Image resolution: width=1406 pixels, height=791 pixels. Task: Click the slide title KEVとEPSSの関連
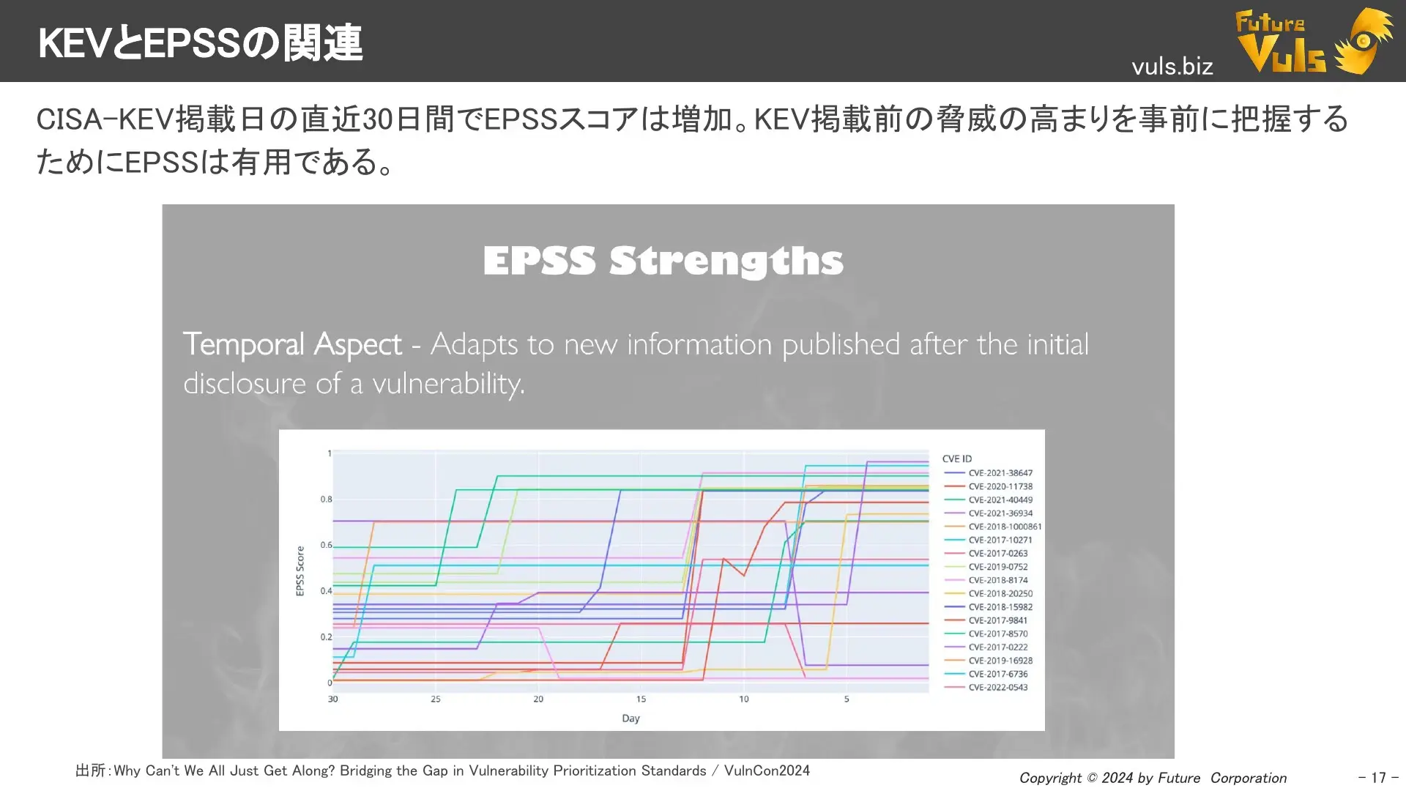point(200,42)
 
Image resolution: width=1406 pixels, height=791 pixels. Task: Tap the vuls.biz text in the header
point(1172,67)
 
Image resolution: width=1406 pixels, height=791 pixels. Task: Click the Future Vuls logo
point(1312,41)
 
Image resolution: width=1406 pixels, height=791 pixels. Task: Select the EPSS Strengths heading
point(663,261)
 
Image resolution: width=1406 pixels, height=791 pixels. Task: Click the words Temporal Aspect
point(292,344)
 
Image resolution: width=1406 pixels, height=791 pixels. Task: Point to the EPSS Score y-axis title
point(300,571)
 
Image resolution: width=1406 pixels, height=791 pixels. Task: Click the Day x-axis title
point(631,718)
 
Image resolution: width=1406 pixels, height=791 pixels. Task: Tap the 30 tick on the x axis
point(333,699)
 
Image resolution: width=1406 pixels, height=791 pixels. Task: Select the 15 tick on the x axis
point(641,699)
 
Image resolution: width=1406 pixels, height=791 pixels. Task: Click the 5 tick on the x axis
point(847,699)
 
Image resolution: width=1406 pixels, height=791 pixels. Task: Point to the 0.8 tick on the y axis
point(326,500)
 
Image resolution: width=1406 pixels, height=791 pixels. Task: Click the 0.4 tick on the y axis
point(326,591)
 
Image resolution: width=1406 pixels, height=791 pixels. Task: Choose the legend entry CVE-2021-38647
point(1000,473)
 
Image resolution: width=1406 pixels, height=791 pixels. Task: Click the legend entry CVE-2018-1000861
point(1004,527)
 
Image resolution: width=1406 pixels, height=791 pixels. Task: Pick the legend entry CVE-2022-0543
point(997,688)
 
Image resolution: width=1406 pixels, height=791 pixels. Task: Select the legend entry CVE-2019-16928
point(1000,661)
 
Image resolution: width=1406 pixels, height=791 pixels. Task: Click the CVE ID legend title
point(956,459)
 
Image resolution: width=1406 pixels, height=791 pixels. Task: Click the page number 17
point(1378,778)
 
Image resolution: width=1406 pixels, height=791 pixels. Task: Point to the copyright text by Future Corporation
point(1153,778)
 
